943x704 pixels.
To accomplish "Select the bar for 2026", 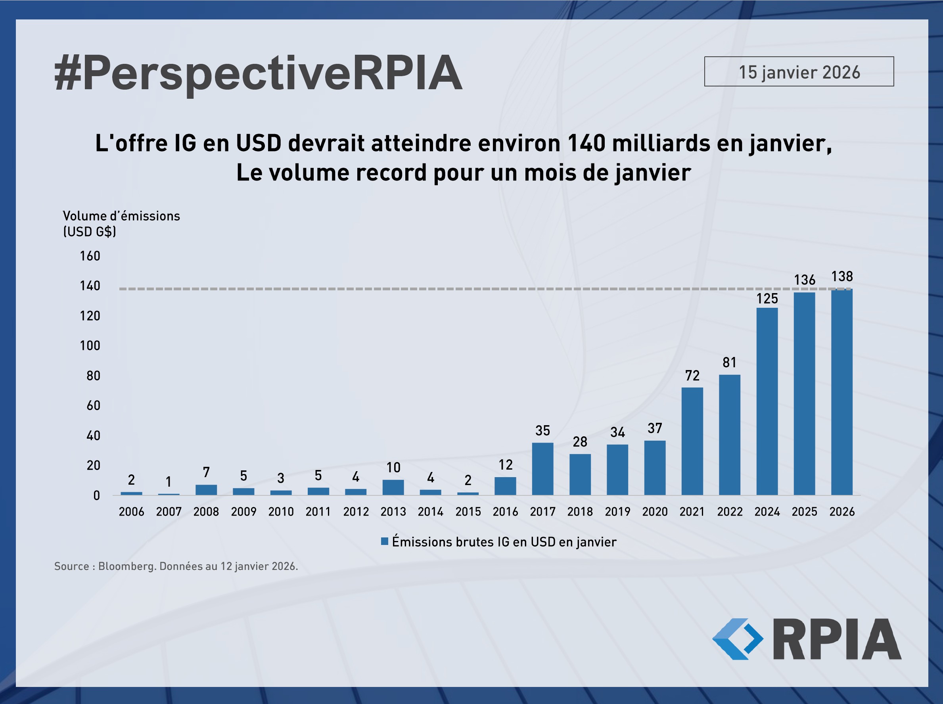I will pos(841,392).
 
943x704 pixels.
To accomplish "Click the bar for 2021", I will pos(692,441).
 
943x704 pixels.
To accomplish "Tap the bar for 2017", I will pos(542,469).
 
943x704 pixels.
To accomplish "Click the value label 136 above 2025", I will pos(805,280).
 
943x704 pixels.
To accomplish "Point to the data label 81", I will pos(730,363).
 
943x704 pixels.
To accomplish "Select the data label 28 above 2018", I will pos(580,442).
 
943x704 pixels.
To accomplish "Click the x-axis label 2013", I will pos(393,512).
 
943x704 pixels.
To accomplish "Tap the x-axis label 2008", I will pos(206,512).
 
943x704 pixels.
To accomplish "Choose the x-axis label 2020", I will pos(655,512).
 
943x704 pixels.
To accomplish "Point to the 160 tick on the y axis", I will pos(90,256).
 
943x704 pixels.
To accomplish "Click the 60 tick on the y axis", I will pos(93,405).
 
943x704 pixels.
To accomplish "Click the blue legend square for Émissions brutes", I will pos(384,542).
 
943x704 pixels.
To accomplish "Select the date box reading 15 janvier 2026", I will pos(799,72).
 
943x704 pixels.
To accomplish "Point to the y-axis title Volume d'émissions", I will pos(121,216).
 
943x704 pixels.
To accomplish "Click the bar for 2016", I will pos(505,486).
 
